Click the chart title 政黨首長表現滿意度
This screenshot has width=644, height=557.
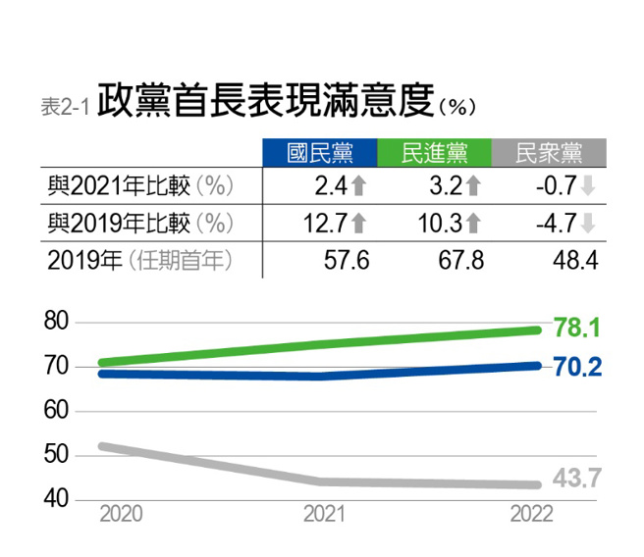coord(265,100)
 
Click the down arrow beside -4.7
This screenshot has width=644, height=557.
coord(587,223)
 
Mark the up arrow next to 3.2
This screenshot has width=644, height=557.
coord(474,186)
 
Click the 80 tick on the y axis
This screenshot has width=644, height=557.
coord(56,321)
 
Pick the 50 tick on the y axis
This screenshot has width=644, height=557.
coord(56,455)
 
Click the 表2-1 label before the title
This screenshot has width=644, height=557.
coord(65,106)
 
